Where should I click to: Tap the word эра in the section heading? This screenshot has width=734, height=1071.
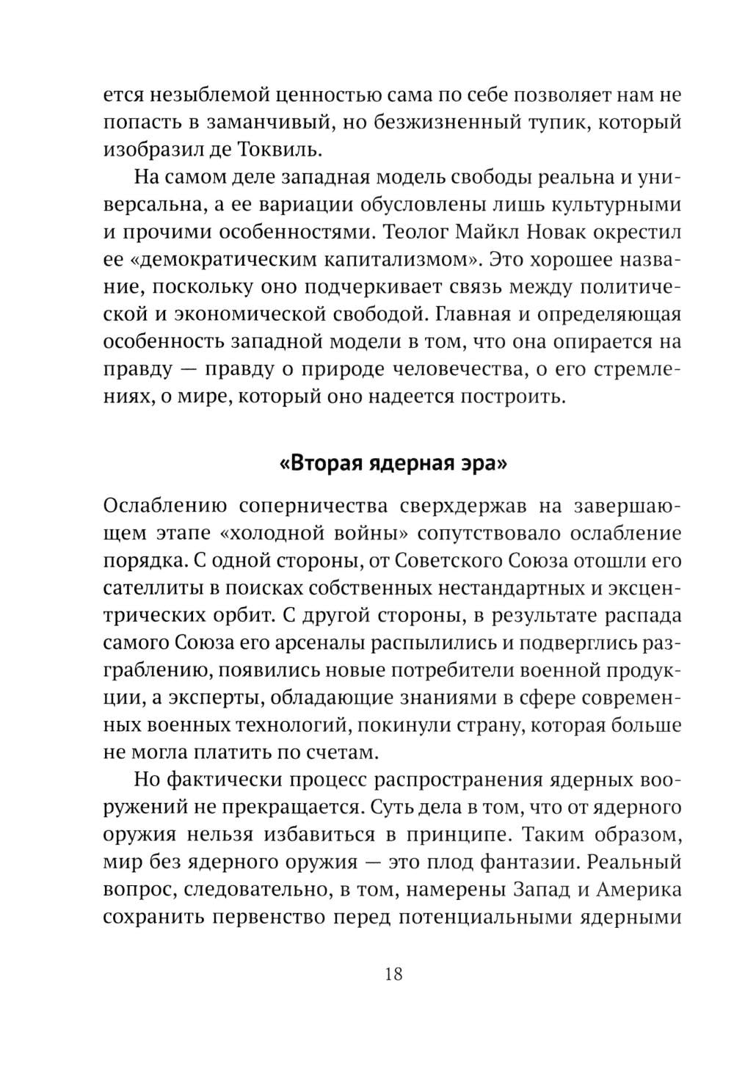pyautogui.click(x=485, y=464)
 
